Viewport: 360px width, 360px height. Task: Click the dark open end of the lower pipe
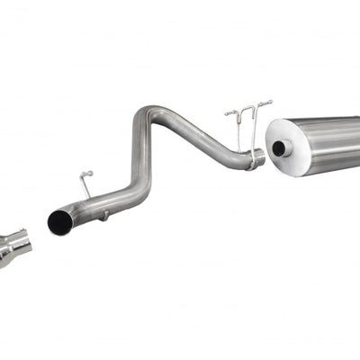point(60,222)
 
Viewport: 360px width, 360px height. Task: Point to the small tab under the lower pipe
point(104,215)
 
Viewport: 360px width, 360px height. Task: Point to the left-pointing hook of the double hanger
point(231,113)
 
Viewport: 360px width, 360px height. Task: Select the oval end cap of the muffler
point(286,145)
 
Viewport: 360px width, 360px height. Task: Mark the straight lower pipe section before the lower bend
point(99,202)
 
